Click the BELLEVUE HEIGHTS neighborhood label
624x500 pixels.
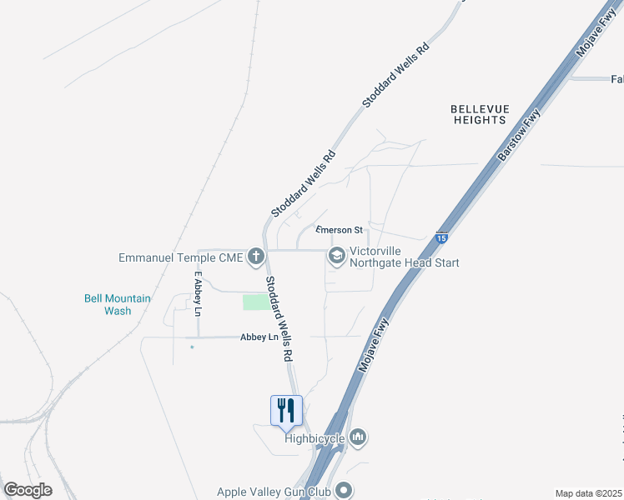coord(478,114)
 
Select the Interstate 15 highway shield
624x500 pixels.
coord(442,238)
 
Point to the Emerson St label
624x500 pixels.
coord(340,230)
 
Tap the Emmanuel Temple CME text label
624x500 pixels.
coord(181,257)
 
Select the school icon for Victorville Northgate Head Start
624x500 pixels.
coord(337,256)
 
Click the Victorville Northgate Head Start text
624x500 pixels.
coord(404,257)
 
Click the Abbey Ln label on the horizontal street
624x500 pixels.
coord(259,337)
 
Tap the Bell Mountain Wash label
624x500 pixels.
coord(118,304)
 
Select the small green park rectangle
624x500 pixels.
coord(256,302)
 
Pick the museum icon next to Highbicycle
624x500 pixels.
coord(358,436)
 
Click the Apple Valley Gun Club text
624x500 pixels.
coord(274,492)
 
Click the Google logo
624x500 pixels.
coord(28,490)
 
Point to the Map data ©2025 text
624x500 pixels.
coord(588,493)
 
